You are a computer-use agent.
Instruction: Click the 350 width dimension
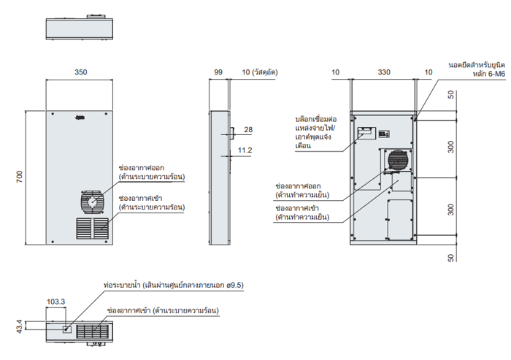[80, 72]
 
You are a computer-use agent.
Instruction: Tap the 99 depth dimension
[218, 72]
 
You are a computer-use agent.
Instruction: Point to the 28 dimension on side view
[247, 129]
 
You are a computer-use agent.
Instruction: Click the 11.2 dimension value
[245, 150]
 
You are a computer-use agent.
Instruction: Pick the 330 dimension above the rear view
[384, 72]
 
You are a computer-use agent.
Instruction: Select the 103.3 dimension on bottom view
[55, 301]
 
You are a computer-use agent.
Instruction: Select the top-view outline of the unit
[80, 28]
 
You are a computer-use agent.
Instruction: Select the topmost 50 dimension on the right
[450, 94]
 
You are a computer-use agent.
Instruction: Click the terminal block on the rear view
[366, 134]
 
